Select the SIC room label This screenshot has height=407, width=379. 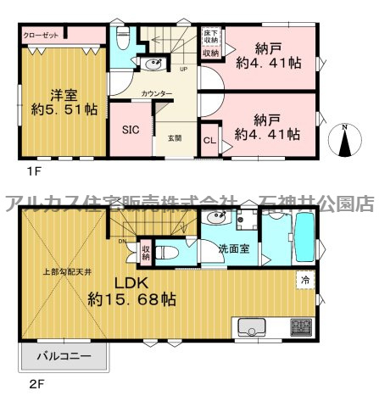[131, 130]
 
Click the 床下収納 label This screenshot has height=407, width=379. [210, 36]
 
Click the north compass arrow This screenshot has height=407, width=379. [344, 141]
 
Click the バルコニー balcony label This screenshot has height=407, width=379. [64, 357]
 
